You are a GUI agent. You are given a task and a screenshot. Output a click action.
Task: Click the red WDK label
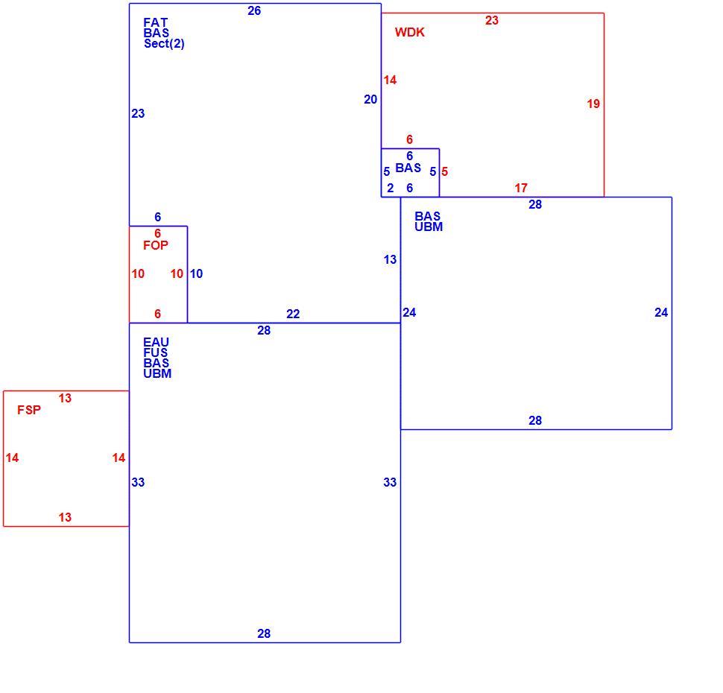click(409, 32)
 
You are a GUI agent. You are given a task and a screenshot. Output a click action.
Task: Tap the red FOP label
click(155, 245)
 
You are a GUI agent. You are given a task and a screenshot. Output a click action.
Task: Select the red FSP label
click(29, 410)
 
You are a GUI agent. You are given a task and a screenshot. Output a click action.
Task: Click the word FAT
click(155, 22)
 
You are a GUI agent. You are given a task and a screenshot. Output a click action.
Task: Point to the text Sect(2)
click(164, 44)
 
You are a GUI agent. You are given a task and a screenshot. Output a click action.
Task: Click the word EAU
click(156, 342)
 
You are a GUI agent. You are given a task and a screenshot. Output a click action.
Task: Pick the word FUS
click(155, 352)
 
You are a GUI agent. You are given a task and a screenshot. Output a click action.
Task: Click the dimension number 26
click(254, 10)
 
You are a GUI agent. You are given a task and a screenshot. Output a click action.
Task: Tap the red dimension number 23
click(491, 20)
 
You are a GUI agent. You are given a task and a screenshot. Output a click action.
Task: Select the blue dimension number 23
click(138, 113)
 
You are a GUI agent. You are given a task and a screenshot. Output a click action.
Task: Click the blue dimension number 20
click(370, 99)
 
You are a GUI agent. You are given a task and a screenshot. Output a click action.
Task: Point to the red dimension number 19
click(593, 104)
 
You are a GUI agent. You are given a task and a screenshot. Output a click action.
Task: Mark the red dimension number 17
click(521, 188)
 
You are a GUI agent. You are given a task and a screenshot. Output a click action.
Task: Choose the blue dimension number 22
click(293, 314)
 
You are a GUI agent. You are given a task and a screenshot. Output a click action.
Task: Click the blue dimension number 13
click(390, 259)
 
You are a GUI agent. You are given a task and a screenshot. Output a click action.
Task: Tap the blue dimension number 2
click(390, 188)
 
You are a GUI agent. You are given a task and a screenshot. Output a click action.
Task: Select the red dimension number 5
click(444, 171)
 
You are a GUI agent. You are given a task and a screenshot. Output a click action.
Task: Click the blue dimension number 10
click(196, 274)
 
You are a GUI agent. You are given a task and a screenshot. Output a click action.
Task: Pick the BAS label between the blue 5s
click(408, 168)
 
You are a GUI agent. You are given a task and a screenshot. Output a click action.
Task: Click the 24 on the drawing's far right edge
click(661, 313)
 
